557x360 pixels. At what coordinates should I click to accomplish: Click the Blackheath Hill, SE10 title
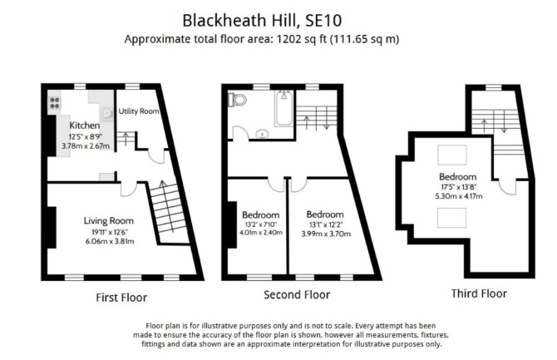[x=262, y=20]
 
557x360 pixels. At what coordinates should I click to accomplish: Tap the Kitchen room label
[x=85, y=125]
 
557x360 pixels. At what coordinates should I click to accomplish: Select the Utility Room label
[x=139, y=111]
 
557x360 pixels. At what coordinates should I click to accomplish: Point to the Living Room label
[x=109, y=220]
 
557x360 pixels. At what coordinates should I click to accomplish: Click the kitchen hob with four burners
[x=54, y=103]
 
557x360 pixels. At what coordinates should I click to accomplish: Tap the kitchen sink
[x=106, y=114]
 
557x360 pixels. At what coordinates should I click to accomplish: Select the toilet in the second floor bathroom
[x=237, y=100]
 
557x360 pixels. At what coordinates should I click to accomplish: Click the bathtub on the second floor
[x=284, y=108]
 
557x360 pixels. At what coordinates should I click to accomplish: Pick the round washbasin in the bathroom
[x=262, y=134]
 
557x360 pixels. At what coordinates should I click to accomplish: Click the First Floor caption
[x=121, y=298]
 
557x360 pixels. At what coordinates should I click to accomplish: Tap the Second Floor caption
[x=297, y=294]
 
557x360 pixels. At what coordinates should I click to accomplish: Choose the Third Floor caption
[x=479, y=293]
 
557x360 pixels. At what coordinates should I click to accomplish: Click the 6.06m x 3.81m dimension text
[x=110, y=242]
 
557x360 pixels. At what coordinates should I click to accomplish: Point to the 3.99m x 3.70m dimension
[x=326, y=234]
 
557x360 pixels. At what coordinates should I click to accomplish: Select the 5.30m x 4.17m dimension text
[x=459, y=196]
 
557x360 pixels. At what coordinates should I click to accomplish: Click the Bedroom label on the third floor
[x=457, y=176]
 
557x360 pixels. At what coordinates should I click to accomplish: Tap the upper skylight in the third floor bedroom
[x=452, y=155]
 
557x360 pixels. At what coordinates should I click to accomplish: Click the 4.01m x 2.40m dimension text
[x=261, y=233]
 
